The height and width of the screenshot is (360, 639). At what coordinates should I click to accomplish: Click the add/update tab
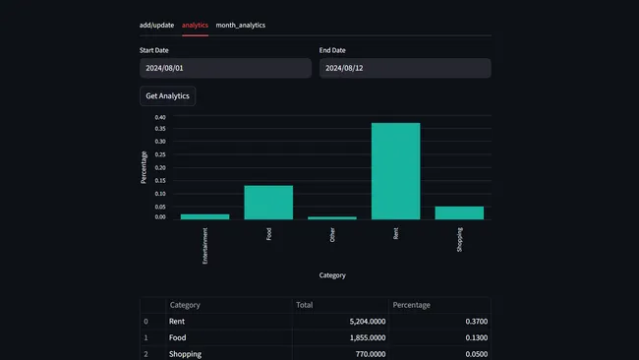pos(156,25)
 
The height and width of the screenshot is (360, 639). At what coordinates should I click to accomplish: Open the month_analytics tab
pos(240,25)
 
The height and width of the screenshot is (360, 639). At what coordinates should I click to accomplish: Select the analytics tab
pos(196,25)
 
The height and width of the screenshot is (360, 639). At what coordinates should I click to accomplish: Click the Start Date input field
pos(225,68)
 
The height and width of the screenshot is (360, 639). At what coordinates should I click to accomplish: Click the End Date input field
pos(405,68)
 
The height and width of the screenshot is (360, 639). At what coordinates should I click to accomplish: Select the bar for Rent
pos(395,171)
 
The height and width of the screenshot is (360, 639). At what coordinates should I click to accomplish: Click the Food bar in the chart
pos(268,202)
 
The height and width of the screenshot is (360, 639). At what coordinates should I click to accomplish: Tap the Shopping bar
pos(459,212)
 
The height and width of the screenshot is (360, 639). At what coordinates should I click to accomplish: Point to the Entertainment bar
pos(204,216)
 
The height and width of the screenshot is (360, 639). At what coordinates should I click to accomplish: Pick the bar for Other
pos(332,217)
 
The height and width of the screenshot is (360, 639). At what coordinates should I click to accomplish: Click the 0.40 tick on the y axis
pos(160,117)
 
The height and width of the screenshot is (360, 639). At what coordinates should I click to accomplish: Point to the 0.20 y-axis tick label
pos(160,167)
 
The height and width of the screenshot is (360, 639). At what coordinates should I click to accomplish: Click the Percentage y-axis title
pos(144,166)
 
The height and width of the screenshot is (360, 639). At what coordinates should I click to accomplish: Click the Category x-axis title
pos(332,275)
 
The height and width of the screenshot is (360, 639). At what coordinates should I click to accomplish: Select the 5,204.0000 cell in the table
pos(360,322)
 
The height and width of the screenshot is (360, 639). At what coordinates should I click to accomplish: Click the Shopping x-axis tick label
pos(459,239)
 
